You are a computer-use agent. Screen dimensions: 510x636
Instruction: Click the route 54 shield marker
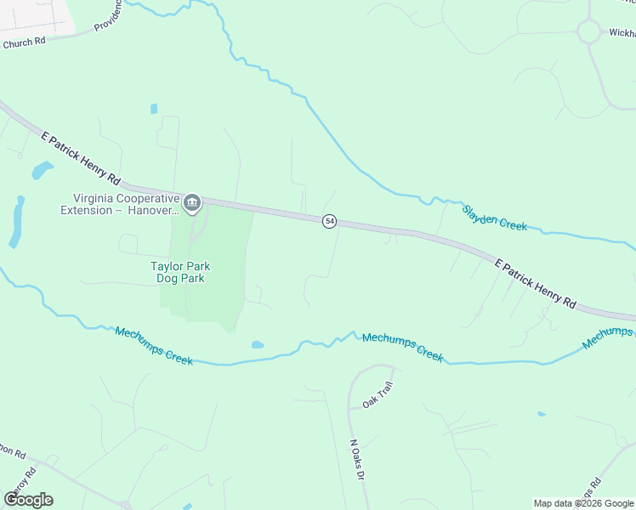[x=329, y=221]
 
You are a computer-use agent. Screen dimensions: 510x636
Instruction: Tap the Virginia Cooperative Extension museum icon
[x=192, y=203]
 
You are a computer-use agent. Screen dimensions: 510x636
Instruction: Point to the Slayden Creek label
[x=495, y=218]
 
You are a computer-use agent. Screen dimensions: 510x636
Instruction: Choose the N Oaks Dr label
[x=357, y=460]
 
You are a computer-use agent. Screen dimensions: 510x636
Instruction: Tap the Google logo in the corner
[x=29, y=500]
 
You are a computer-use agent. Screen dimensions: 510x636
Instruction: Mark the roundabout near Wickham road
[x=588, y=33]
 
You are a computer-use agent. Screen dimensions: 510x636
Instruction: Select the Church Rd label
[x=24, y=42]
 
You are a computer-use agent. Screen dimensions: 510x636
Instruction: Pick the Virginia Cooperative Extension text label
[x=120, y=204]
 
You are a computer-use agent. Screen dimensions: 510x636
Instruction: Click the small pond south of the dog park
[x=257, y=345]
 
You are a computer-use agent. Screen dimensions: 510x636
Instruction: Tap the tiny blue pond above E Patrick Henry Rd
[x=154, y=109]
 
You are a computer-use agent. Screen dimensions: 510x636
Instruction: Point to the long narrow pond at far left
[x=16, y=222]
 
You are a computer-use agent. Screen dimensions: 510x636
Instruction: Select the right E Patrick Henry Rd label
[x=536, y=284]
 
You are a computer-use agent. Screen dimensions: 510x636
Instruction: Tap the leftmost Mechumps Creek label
[x=154, y=346]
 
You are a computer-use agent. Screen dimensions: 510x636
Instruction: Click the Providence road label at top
[x=109, y=15]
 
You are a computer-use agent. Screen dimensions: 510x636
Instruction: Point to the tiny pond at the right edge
[x=541, y=415]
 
